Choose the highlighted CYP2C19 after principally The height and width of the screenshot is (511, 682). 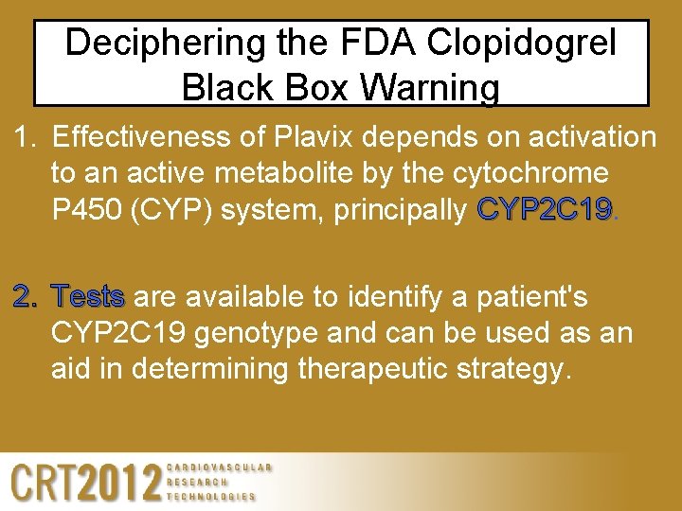pos(547,208)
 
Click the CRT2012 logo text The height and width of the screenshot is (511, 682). pos(85,484)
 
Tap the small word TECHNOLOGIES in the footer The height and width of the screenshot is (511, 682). pos(211,496)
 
